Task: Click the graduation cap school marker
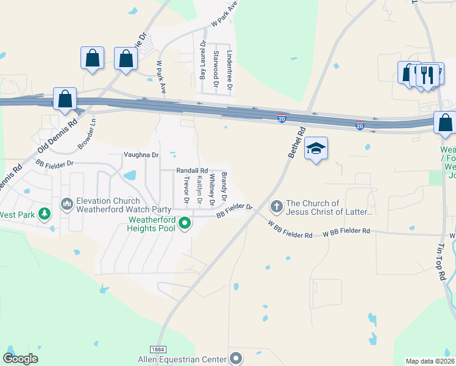316,148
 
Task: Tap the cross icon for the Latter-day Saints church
276,207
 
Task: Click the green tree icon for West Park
44,214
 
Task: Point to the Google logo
20,358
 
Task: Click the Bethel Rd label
296,143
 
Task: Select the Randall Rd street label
192,171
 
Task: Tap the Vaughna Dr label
141,155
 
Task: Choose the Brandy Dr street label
224,187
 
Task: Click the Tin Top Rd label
441,263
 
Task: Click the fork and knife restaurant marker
427,75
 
